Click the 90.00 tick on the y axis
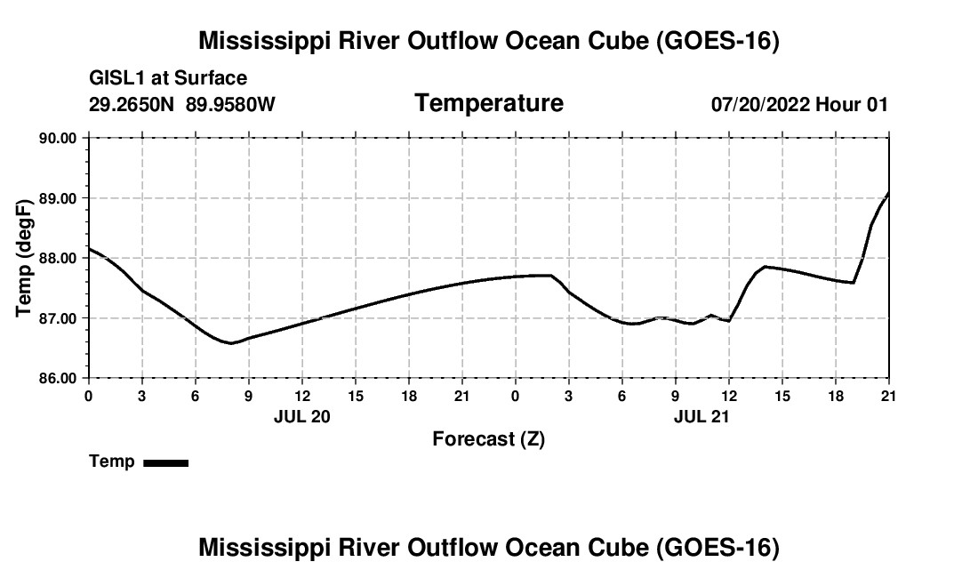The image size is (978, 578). (58, 138)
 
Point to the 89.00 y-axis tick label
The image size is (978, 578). (58, 198)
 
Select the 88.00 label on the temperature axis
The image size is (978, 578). (58, 258)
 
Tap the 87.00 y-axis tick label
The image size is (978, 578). (58, 318)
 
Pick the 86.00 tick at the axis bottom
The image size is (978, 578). (58, 379)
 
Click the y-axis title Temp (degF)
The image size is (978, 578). (24, 258)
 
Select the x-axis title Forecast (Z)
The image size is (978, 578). (489, 439)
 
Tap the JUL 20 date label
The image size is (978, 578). (302, 416)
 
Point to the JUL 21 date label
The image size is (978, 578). (701, 416)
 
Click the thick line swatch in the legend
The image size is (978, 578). (166, 462)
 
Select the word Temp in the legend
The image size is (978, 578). (112, 462)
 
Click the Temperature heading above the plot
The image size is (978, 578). (489, 103)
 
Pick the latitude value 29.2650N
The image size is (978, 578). (131, 104)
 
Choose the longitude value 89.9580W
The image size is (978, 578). (230, 104)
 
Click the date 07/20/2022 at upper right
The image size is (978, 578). (760, 104)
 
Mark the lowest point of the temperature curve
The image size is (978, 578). (231, 343)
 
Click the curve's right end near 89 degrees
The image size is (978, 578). (888, 193)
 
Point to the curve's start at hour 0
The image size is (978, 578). (89, 248)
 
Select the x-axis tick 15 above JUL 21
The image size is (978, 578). (782, 396)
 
